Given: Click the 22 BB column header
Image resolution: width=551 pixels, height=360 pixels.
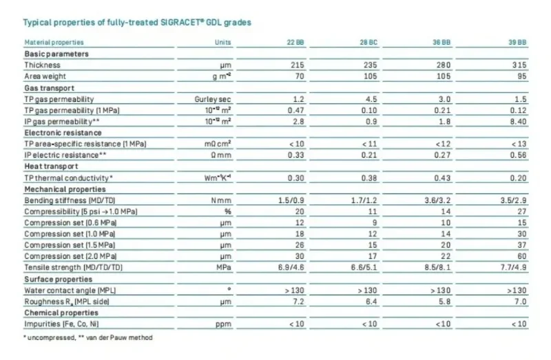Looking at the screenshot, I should click(295, 43).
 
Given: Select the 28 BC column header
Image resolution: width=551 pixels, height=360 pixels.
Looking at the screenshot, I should click(370, 43).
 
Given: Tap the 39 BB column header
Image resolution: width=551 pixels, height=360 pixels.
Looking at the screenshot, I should click(518, 43).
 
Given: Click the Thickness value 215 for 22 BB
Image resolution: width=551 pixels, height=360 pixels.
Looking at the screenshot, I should click(297, 65).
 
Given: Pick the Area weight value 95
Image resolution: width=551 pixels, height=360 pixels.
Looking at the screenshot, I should click(521, 76).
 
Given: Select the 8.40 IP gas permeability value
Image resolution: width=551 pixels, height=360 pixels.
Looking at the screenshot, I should click(518, 121).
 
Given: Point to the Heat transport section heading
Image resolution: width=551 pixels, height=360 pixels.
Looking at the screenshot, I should click(51, 166).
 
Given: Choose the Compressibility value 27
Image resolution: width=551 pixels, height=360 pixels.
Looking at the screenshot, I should click(521, 211).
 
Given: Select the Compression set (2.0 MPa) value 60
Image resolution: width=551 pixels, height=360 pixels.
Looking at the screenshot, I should click(521, 255).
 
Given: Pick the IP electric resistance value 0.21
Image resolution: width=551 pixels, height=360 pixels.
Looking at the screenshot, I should click(371, 155).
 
